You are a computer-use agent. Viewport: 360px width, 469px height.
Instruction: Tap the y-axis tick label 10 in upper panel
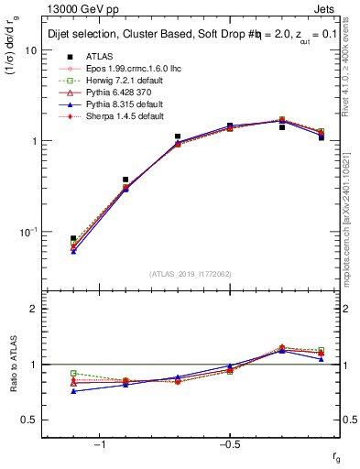(x=30, y=50)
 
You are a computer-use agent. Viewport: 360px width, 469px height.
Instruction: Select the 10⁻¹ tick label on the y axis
(x=27, y=231)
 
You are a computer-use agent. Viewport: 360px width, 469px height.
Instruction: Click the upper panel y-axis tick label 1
(x=34, y=141)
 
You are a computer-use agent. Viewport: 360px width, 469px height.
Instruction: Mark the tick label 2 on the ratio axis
(x=34, y=309)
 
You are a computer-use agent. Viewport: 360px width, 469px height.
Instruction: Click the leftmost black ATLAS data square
(x=73, y=238)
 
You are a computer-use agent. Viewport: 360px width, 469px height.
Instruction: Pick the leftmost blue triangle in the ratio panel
(x=73, y=391)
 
